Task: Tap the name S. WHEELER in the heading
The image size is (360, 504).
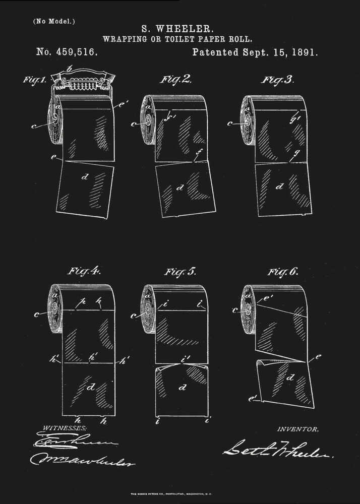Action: [x=179, y=29]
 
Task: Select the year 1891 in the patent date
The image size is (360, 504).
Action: [x=302, y=52]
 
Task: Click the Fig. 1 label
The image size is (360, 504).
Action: [x=35, y=80]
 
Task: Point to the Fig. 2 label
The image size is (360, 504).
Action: [x=175, y=80]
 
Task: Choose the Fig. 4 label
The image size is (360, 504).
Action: [x=84, y=271]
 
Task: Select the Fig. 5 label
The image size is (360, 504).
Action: [x=180, y=272]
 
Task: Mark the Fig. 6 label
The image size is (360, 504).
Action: [x=282, y=272]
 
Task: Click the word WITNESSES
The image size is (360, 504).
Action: [x=64, y=427]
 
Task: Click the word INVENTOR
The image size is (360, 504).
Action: [x=298, y=429]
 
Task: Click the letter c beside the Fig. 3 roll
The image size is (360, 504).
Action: [x=230, y=123]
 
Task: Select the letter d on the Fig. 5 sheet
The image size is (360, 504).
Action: [x=182, y=388]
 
